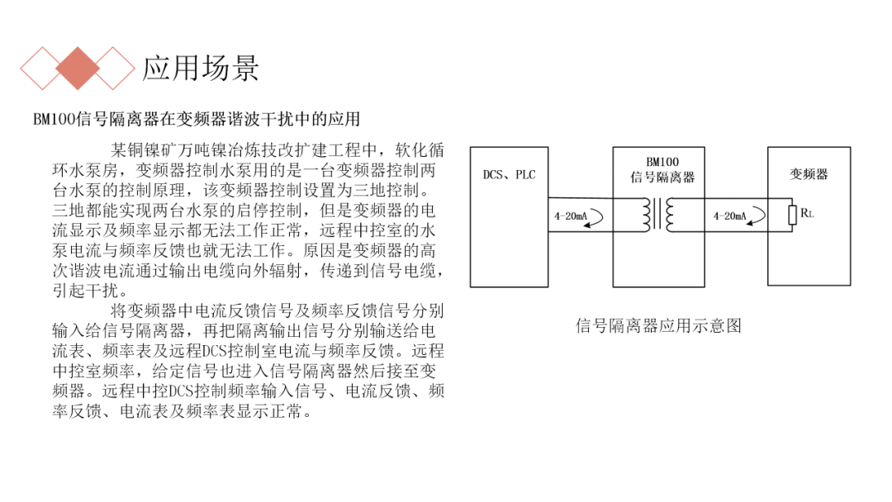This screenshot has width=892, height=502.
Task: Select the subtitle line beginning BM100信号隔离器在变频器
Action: [x=197, y=119]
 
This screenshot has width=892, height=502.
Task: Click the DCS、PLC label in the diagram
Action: [x=509, y=175]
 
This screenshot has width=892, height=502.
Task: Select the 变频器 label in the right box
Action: [x=809, y=174]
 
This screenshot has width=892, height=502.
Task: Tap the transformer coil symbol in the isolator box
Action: [x=659, y=215]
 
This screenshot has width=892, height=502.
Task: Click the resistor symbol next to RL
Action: [x=792, y=215]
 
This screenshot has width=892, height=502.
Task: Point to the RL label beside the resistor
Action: [x=807, y=215]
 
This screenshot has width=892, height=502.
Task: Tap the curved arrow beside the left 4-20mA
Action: [x=597, y=216]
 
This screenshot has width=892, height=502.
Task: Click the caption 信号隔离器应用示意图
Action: [x=658, y=325]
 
